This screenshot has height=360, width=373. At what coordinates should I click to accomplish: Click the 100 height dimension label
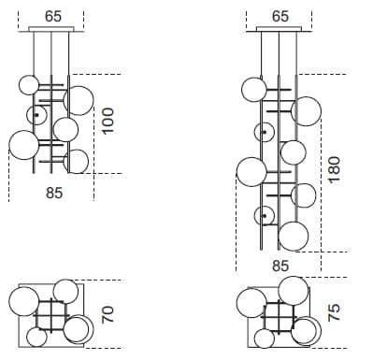click(x=108, y=122)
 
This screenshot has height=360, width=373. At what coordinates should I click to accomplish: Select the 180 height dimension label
click(x=335, y=169)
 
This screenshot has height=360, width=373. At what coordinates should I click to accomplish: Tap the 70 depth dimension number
click(x=108, y=314)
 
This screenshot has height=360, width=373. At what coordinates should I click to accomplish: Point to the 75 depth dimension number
click(x=334, y=312)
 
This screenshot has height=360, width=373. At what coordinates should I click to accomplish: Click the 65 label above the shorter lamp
click(x=53, y=17)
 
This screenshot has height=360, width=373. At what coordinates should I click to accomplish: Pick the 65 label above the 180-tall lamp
click(x=280, y=17)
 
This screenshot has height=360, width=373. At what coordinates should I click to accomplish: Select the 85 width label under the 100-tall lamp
click(x=54, y=193)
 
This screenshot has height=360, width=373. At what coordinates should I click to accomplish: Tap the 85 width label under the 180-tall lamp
click(x=280, y=266)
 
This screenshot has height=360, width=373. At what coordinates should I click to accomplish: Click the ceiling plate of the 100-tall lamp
click(x=51, y=29)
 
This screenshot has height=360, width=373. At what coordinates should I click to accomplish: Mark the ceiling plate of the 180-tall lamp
click(x=280, y=29)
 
